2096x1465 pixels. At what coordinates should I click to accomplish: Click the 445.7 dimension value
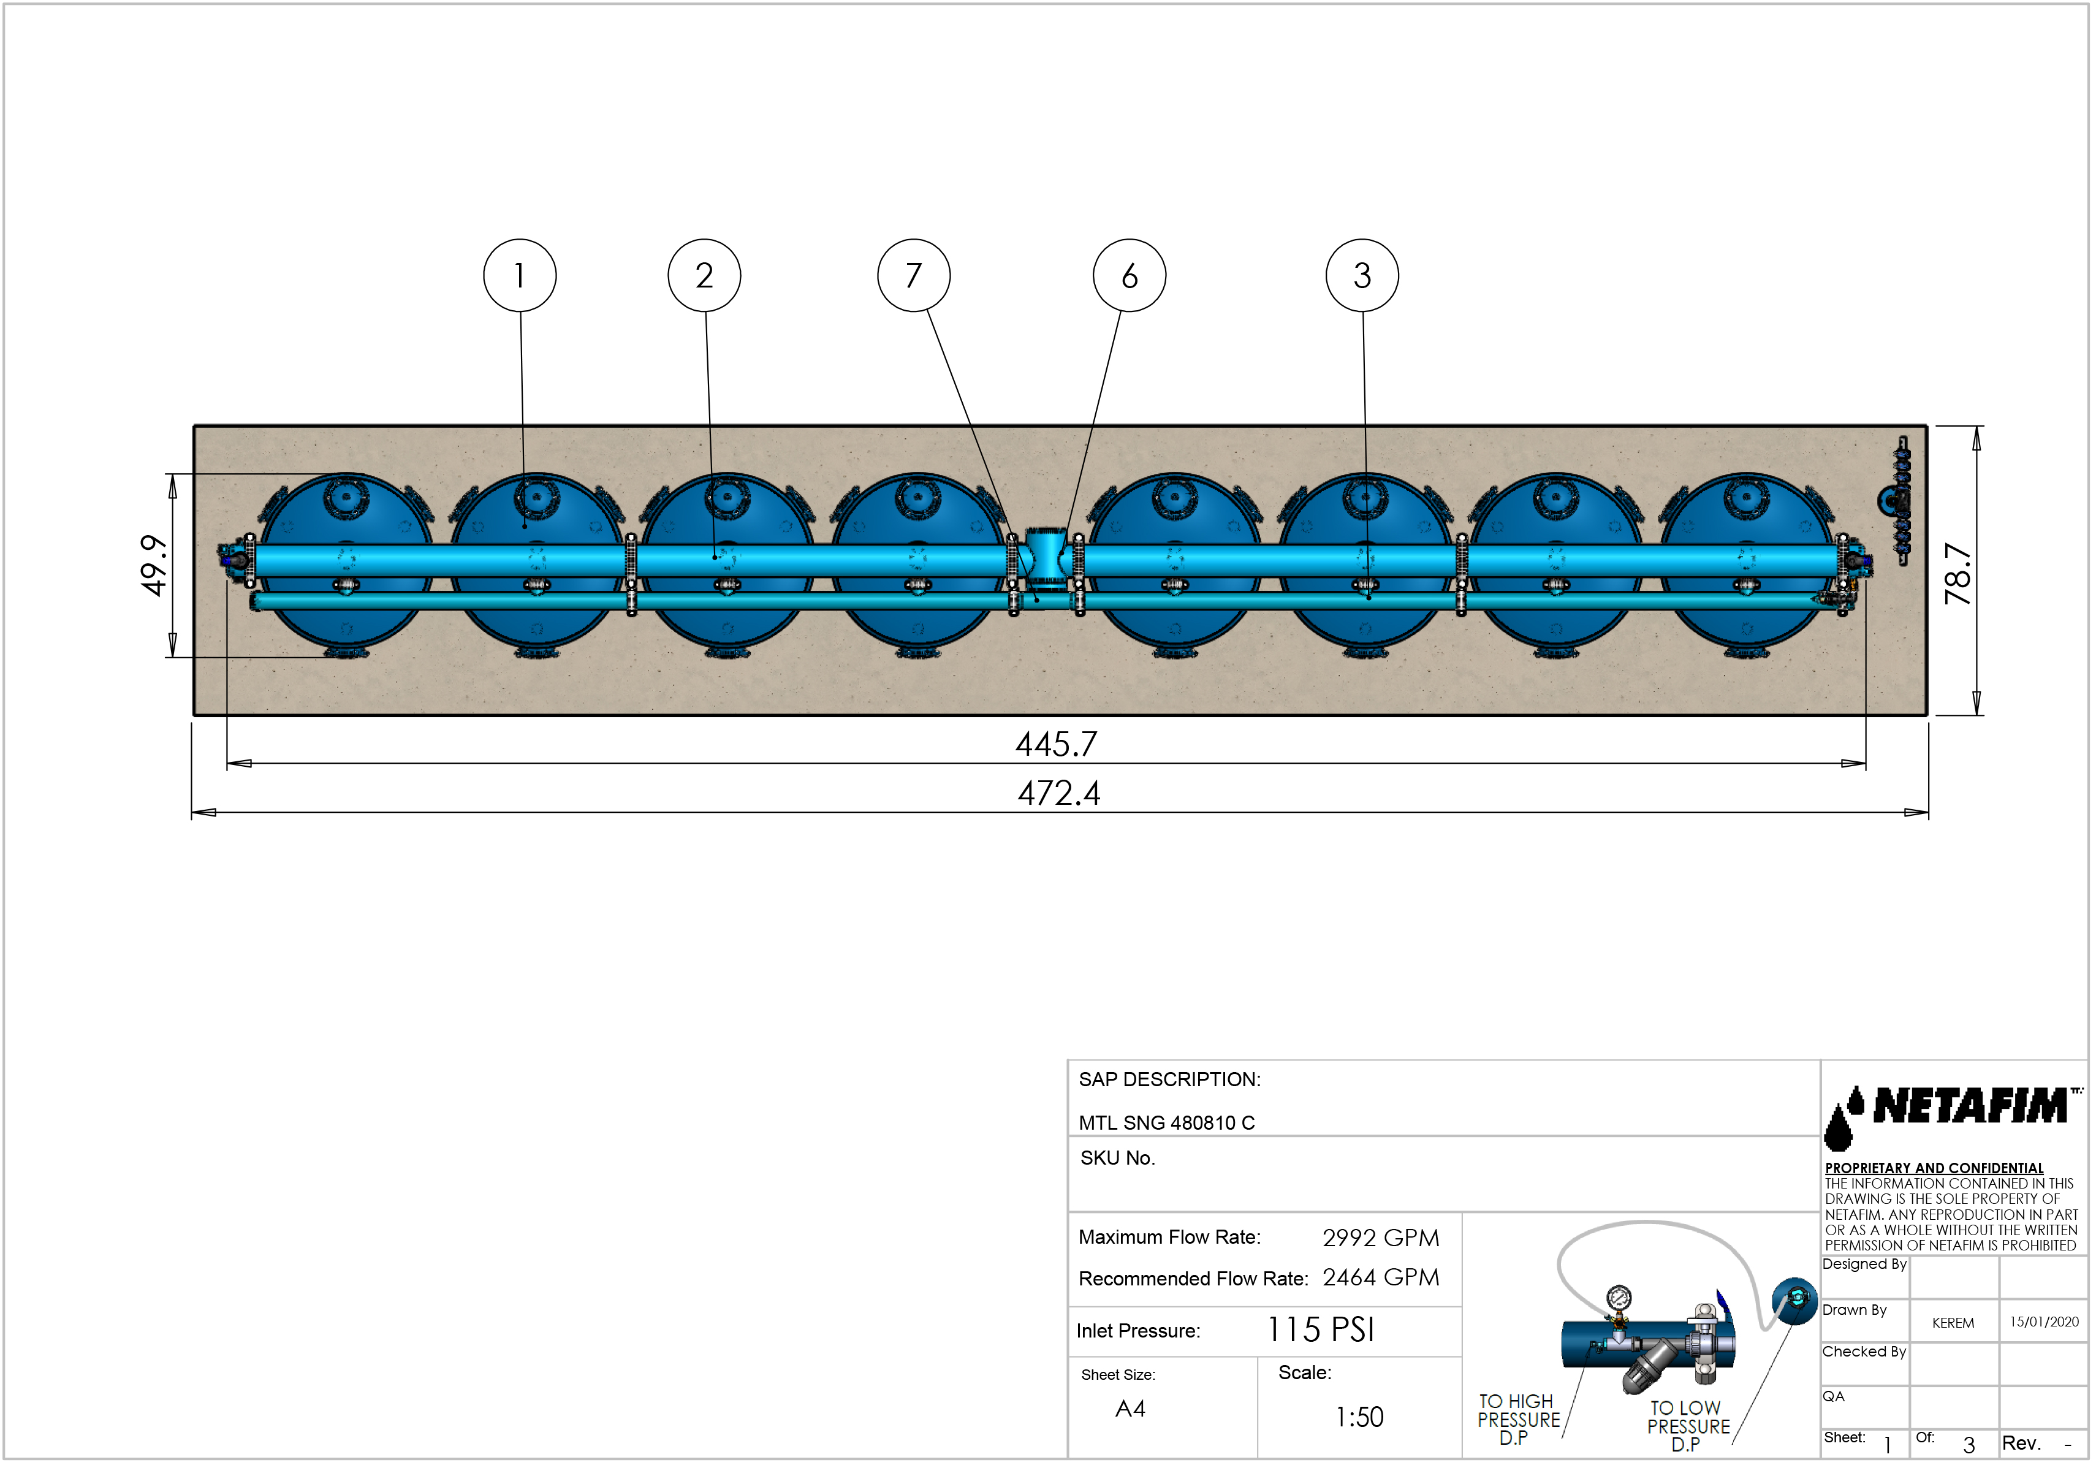1056,744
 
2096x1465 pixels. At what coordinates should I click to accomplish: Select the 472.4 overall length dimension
1059,793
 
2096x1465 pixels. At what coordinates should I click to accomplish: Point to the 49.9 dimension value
153,566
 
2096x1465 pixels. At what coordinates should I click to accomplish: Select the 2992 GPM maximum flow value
1380,1238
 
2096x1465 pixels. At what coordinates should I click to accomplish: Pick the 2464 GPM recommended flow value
1380,1277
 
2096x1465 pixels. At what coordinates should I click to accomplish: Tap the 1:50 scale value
1359,1417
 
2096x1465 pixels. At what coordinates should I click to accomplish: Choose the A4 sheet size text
1130,1409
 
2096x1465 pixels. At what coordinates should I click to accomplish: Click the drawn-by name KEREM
1953,1323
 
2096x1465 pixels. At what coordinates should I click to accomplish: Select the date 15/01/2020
2044,1322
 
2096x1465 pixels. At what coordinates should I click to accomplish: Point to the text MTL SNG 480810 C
1167,1123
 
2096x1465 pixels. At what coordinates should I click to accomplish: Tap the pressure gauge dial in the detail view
1619,1297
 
